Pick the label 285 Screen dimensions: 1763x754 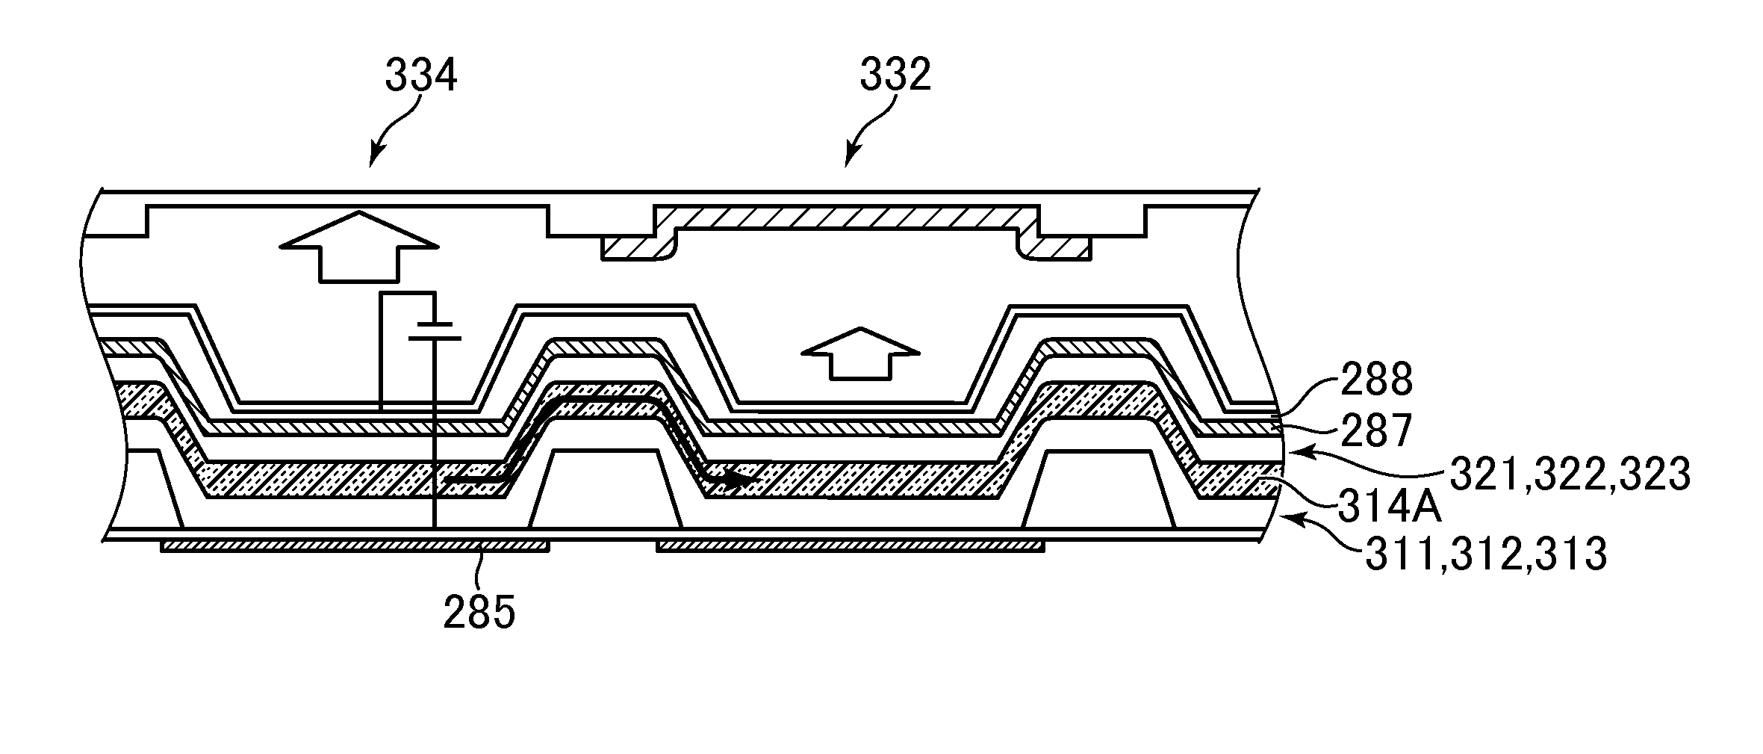coord(479,614)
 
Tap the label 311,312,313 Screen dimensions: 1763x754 coord(1486,556)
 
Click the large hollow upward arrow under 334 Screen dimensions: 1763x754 coord(358,247)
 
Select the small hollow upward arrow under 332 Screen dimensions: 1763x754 coord(859,352)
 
